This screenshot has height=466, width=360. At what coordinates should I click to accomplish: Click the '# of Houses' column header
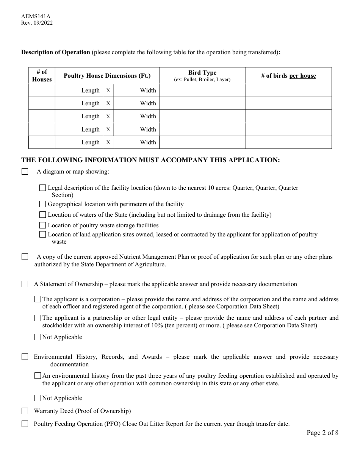(x=42, y=76)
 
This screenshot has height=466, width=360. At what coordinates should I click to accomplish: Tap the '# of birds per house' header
(x=288, y=76)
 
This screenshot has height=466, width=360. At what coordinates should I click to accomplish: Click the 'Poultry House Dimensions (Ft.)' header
(x=107, y=76)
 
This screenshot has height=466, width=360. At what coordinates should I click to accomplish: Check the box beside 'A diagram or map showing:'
(x=25, y=172)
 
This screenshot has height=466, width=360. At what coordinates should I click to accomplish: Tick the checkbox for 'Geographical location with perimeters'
(x=43, y=204)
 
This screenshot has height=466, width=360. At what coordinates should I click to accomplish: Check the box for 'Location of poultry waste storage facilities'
(x=43, y=225)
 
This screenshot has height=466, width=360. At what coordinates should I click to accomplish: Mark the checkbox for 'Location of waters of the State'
(x=43, y=215)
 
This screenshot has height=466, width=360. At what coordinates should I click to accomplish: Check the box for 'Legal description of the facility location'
(x=43, y=188)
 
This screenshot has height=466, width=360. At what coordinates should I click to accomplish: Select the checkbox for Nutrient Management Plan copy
(x=25, y=257)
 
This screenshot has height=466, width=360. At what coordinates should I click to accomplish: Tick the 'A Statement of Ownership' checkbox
(x=25, y=284)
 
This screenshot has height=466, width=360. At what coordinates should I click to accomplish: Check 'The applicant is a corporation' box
(x=38, y=299)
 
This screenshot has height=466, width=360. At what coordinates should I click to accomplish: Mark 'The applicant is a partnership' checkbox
(x=38, y=318)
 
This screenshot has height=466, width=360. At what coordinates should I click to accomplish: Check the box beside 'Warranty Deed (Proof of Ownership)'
(x=25, y=411)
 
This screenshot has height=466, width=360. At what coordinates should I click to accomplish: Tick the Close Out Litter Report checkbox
(x=25, y=424)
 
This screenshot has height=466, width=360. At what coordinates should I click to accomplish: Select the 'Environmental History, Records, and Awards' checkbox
(x=25, y=357)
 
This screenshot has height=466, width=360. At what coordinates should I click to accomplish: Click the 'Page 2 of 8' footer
(x=322, y=433)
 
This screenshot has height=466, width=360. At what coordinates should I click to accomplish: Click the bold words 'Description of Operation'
(x=55, y=52)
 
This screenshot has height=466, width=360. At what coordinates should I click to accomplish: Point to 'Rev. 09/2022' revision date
(x=37, y=23)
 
